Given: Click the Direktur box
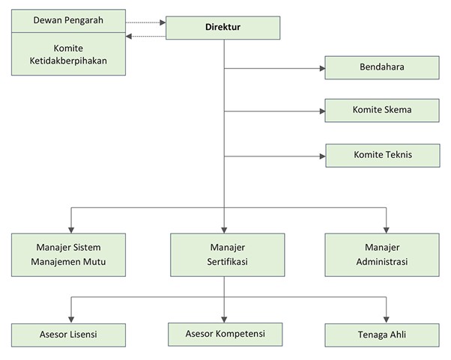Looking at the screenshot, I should click(223, 28).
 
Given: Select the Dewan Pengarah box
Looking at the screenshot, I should click(68, 19).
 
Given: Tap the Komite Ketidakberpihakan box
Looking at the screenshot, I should click(68, 53).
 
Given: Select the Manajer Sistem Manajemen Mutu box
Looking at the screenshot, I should click(69, 254).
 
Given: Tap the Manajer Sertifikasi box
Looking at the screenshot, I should click(227, 254).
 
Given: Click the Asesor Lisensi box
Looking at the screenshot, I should click(68, 334).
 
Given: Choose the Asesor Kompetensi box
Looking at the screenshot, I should click(225, 333).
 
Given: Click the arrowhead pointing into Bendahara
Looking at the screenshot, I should click(321, 69).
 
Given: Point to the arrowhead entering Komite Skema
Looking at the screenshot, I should click(321, 112).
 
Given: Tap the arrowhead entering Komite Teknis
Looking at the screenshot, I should click(321, 156).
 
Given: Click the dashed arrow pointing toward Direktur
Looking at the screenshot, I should click(160, 22).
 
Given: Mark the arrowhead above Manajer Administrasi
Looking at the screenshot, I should click(387, 229).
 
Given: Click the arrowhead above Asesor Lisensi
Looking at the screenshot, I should click(70, 319).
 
